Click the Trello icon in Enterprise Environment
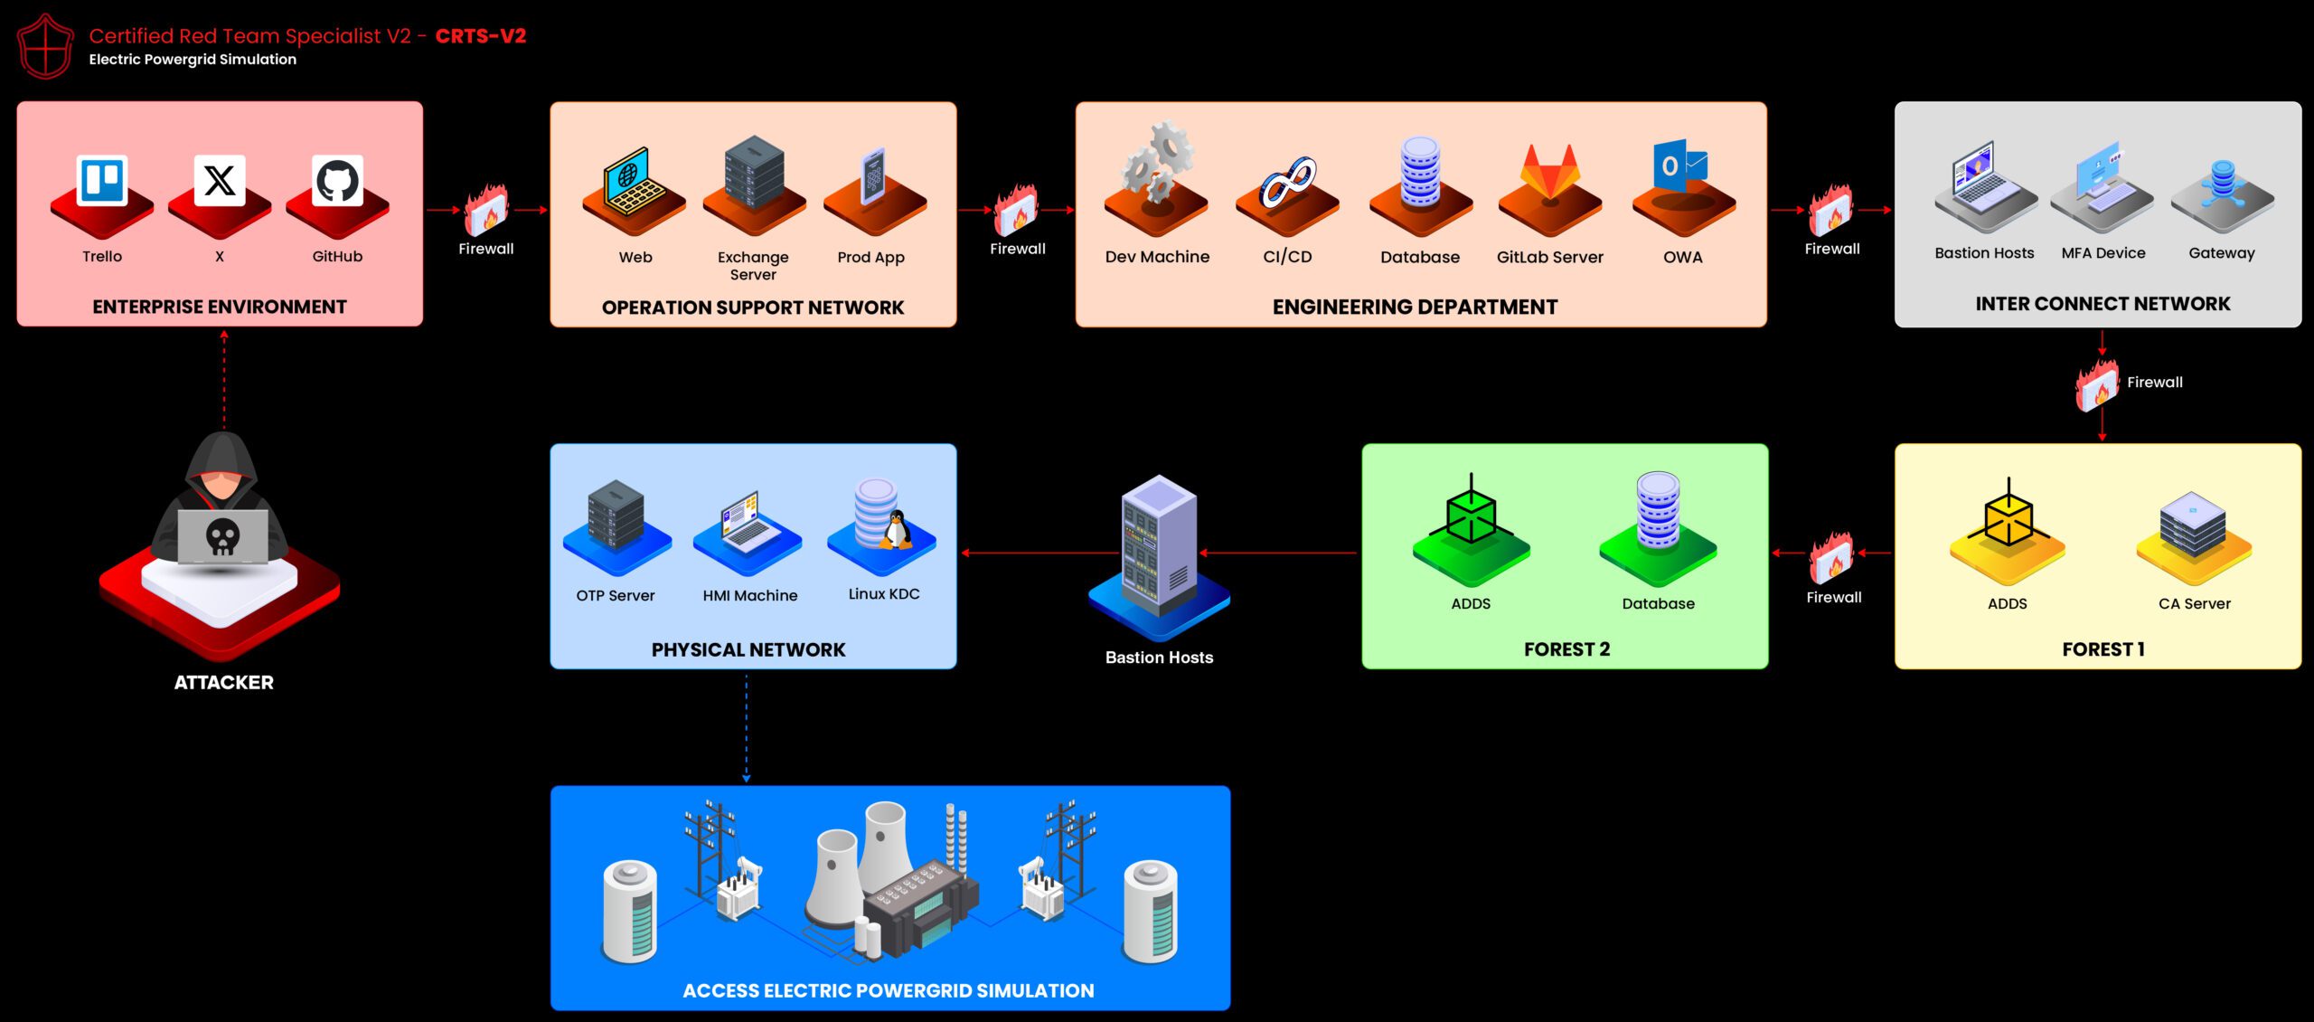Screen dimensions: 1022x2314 102,181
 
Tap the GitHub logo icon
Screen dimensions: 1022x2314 337,181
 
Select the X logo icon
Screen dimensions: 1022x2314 220,181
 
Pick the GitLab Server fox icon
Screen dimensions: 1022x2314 1550,172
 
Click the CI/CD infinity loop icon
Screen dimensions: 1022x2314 1288,181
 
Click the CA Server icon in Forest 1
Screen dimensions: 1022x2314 2194,525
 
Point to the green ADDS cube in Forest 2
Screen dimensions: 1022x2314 1471,516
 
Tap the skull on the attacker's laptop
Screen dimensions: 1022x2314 223,536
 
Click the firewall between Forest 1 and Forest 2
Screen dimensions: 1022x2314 1831,557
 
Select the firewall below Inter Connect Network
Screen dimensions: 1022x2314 2097,385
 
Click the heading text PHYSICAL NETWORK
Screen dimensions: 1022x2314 748,649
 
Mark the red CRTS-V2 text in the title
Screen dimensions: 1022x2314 480,36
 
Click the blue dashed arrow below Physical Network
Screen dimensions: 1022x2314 747,728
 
